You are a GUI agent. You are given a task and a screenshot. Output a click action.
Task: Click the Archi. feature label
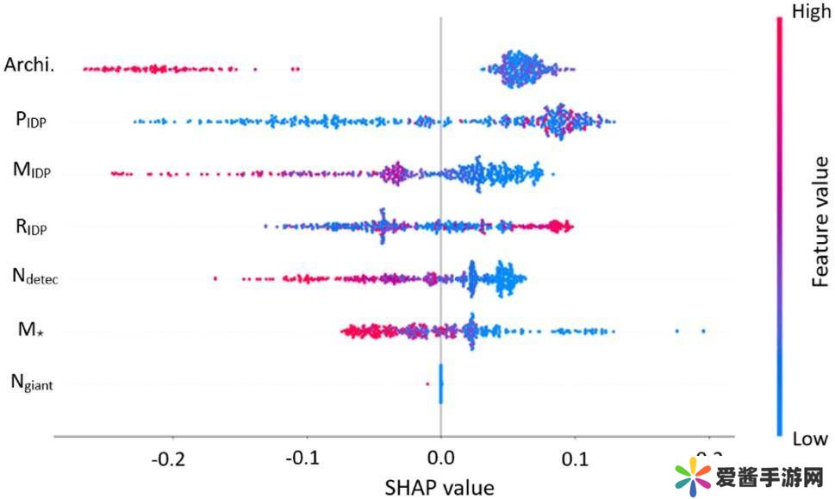coord(29,65)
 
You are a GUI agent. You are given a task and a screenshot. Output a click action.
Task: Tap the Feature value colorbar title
coord(821,221)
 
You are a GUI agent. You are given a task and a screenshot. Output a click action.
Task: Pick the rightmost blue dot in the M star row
coord(703,331)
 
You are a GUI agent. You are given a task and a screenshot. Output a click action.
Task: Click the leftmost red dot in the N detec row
coord(215,278)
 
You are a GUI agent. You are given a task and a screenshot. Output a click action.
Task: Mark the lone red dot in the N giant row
coord(427,384)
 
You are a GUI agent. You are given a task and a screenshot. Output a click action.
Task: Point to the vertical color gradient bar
coord(781,224)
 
